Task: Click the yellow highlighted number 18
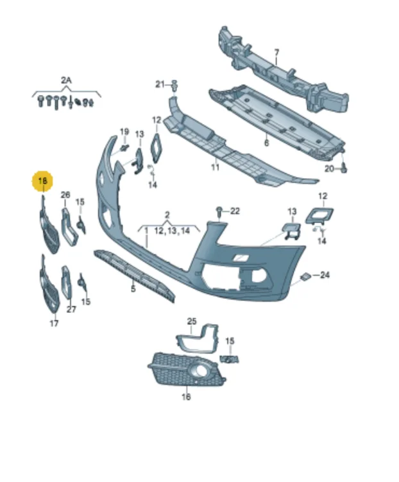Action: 44,182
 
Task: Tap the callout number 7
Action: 276,53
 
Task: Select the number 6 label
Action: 266,143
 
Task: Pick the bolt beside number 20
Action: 344,168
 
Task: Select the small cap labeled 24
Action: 305,277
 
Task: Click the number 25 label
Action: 191,321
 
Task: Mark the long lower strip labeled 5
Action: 135,273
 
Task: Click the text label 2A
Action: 66,80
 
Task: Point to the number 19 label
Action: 124,132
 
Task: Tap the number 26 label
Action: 65,195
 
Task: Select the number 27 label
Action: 71,309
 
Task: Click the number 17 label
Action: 54,323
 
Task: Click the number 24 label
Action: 325,275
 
